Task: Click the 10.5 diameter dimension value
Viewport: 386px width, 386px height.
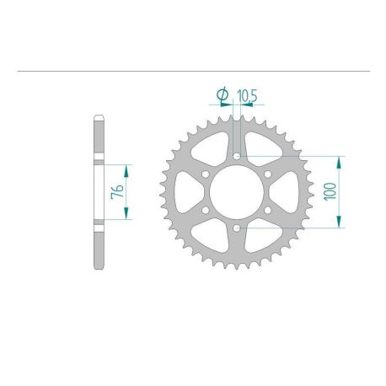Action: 247,95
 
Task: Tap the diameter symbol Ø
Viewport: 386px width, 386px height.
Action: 222,95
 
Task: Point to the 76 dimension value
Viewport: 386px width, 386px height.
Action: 118,190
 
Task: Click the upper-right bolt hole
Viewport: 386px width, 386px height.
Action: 268,174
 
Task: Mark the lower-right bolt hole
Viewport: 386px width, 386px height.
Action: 268,210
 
